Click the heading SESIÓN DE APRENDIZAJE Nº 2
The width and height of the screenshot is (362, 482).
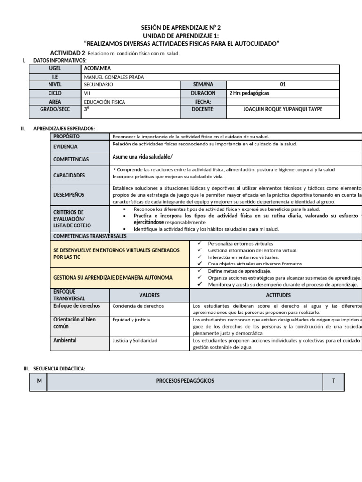point(181,28)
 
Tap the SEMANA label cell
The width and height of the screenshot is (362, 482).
point(203,85)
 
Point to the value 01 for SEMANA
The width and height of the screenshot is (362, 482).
point(283,85)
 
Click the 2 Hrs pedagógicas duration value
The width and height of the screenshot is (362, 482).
point(249,93)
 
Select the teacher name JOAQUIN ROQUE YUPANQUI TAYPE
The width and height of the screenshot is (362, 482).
point(283,109)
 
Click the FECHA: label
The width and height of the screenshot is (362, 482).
point(203,102)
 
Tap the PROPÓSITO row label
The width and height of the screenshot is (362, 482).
point(66,137)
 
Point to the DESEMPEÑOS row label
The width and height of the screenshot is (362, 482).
point(69,194)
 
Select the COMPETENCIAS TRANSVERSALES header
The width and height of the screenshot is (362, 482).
point(90,236)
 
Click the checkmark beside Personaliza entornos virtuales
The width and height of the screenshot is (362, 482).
point(200,244)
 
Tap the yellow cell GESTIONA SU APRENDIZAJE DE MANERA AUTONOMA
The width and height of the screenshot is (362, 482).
point(113,278)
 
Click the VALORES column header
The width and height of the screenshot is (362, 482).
point(149,295)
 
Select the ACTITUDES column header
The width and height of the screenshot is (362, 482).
point(278,295)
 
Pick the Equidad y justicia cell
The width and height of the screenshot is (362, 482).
point(132,320)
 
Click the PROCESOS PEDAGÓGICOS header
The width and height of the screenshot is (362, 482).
point(185,381)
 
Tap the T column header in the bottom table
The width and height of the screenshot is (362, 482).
point(333,381)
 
